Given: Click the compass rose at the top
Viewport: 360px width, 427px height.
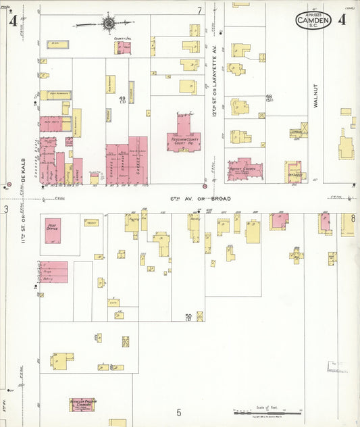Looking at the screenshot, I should click(109, 24).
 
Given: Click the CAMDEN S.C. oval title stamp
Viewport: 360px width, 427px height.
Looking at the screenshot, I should click(313, 20).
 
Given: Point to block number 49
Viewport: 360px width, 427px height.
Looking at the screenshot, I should click(122, 99).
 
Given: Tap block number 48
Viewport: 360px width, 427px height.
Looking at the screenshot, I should click(269, 97).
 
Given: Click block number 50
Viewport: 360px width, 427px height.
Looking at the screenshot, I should click(188, 316).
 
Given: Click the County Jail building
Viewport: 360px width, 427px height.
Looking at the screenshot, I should click(123, 47).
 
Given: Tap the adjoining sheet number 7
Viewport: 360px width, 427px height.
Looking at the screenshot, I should click(199, 11).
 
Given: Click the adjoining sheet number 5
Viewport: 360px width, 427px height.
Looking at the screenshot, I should click(179, 412).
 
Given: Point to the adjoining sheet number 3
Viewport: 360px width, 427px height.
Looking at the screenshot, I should click(5, 209).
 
